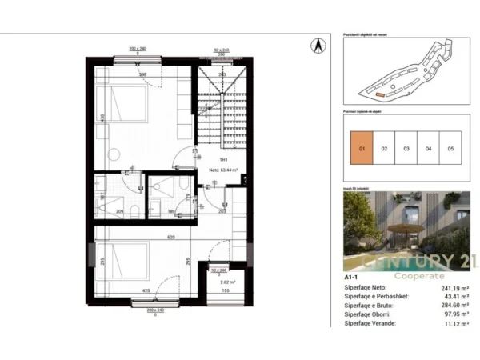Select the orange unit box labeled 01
pos(362,149)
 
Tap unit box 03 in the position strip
pos(406,149)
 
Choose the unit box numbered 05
pos(450,149)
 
